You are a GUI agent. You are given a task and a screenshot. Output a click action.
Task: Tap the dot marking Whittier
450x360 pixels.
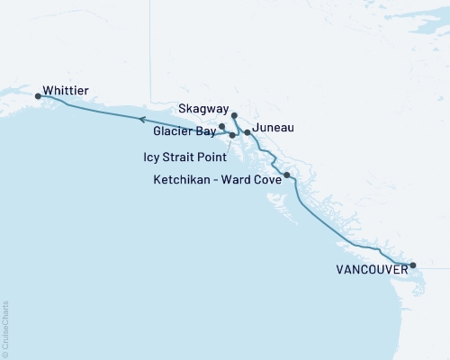[x=38, y=95]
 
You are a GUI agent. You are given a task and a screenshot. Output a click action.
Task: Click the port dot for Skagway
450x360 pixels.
[x=234, y=115]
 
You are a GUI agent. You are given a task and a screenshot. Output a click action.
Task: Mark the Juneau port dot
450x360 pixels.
[x=247, y=132]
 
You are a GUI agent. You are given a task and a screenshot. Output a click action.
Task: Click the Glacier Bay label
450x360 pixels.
[x=184, y=130]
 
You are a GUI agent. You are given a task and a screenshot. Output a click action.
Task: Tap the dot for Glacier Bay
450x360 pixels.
[x=221, y=127]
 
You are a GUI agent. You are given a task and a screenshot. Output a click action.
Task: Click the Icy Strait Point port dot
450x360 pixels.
[x=233, y=135]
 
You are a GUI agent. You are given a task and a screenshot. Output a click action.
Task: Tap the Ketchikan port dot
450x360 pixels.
[x=286, y=175]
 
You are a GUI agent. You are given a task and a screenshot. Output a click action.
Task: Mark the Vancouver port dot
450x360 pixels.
[x=412, y=265]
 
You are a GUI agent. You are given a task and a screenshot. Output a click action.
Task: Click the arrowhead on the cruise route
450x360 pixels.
[x=141, y=118]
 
